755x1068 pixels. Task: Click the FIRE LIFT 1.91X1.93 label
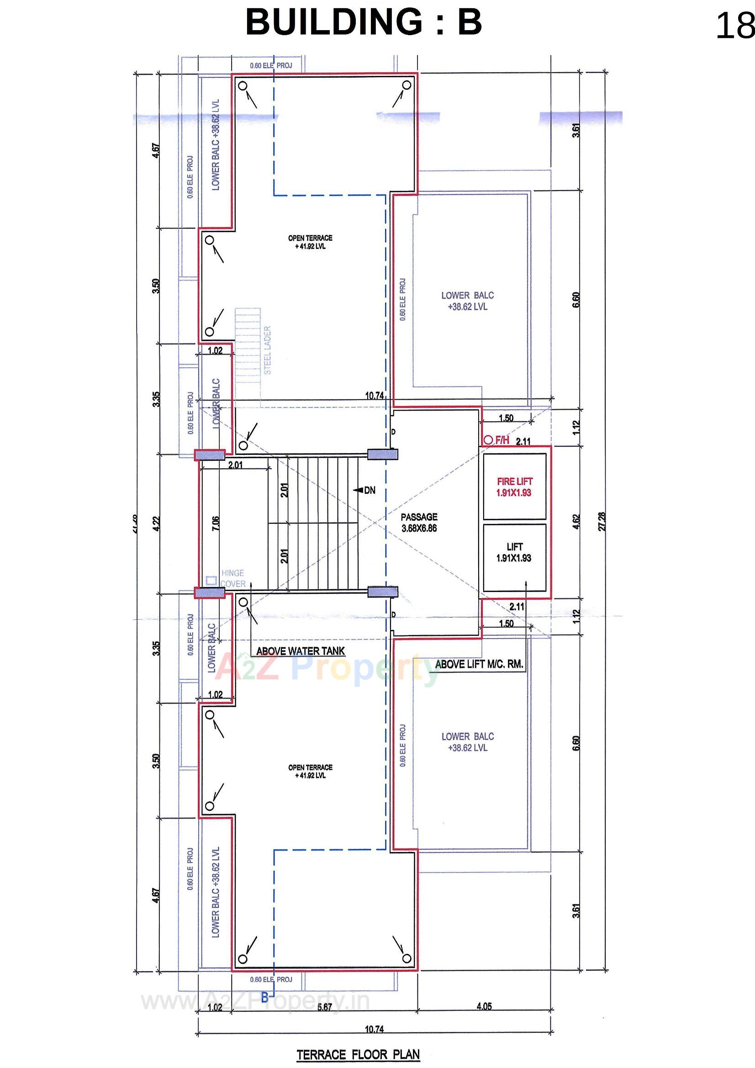pyautogui.click(x=514, y=487)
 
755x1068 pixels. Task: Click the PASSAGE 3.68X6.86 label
pyautogui.click(x=419, y=523)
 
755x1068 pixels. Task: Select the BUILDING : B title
pyautogui.click(x=363, y=22)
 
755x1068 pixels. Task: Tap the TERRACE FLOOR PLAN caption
pyautogui.click(x=358, y=1055)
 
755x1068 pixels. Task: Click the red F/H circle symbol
pyautogui.click(x=488, y=439)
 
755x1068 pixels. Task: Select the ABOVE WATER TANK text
pyautogui.click(x=301, y=651)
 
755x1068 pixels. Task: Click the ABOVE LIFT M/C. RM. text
pyautogui.click(x=479, y=665)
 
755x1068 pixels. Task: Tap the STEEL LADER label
pyautogui.click(x=268, y=350)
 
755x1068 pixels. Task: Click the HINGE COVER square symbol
pyautogui.click(x=211, y=581)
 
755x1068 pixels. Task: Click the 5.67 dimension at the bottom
pyautogui.click(x=324, y=1007)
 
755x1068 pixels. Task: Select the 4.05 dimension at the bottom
pyautogui.click(x=484, y=1007)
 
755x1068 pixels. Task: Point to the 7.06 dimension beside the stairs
pyautogui.click(x=216, y=524)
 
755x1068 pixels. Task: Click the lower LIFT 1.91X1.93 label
pyautogui.click(x=514, y=552)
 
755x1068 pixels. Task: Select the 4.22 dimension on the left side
pyautogui.click(x=157, y=524)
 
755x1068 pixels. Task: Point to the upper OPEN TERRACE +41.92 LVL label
pyautogui.click(x=310, y=243)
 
